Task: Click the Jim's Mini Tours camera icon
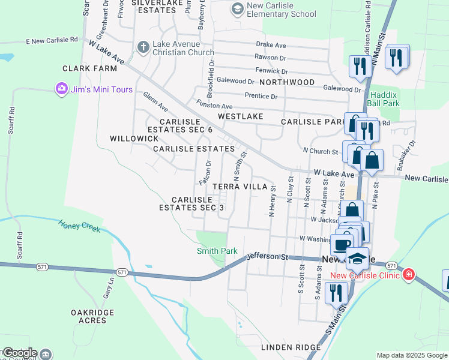pyautogui.click(x=61, y=89)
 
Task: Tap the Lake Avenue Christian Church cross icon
pyautogui.click(x=143, y=47)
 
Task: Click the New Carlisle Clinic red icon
pyautogui.click(x=409, y=275)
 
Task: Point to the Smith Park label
pyautogui.click(x=217, y=251)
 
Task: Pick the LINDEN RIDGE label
pyautogui.click(x=292, y=347)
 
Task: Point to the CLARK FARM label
pyautogui.click(x=88, y=68)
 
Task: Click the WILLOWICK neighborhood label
pyautogui.click(x=134, y=139)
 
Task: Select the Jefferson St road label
pyautogui.click(x=268, y=256)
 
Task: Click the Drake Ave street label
pyautogui.click(x=271, y=44)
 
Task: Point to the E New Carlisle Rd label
pyautogui.click(x=52, y=40)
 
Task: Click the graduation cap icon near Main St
pyautogui.click(x=357, y=258)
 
